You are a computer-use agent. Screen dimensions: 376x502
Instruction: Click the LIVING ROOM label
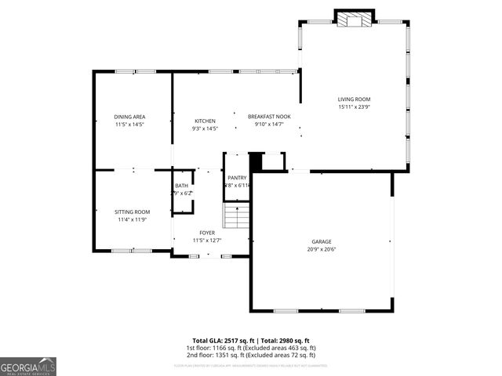point(354,99)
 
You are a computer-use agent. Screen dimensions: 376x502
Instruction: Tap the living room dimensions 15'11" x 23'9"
point(354,107)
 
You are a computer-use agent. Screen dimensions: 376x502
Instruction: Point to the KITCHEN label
point(205,121)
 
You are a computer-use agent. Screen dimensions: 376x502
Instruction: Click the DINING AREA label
point(129,117)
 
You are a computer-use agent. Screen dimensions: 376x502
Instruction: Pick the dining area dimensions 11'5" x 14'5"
point(129,125)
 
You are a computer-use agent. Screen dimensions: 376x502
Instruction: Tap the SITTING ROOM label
point(132,211)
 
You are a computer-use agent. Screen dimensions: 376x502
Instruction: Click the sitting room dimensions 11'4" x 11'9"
point(132,219)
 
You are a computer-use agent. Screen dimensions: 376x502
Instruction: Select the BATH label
point(181,185)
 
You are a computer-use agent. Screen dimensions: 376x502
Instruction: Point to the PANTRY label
point(237,178)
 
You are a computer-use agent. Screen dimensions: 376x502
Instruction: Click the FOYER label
point(207,233)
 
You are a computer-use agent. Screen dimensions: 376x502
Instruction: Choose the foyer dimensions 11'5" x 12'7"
point(207,240)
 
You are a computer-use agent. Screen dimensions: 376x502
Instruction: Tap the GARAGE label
point(322,241)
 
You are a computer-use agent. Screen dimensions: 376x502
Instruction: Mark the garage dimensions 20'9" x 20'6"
point(322,249)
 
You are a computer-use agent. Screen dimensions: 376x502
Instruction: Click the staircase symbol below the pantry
point(236,215)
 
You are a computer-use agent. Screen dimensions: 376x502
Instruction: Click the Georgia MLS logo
point(28,366)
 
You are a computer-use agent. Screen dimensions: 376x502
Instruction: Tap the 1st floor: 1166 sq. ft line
point(251,347)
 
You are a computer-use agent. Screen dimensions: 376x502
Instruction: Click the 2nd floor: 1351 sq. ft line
point(251,355)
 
